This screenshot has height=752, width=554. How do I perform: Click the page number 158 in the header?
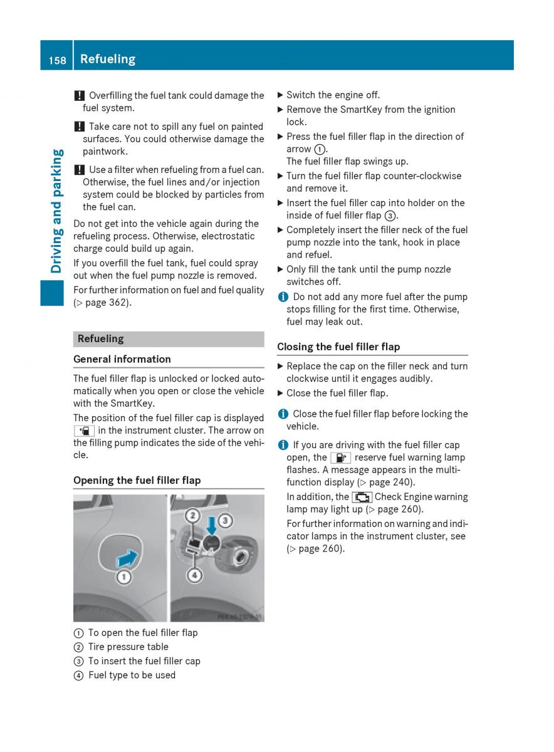(56, 60)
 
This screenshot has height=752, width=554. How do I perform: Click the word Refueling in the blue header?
(108, 59)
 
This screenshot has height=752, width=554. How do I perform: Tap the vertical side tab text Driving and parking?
(56, 211)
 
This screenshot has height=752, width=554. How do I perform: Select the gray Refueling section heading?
(101, 338)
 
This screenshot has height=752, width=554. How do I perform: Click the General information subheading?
(122, 359)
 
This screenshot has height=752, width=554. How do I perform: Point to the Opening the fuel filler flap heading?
(137, 480)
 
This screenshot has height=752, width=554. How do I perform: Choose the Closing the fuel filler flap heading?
(338, 347)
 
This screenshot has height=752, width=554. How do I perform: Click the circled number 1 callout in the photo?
(124, 577)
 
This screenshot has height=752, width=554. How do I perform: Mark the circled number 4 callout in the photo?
(196, 574)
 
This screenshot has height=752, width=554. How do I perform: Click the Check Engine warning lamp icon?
(362, 497)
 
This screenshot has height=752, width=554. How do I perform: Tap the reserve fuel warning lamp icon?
(340, 457)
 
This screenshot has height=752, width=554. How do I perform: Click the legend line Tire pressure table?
(128, 647)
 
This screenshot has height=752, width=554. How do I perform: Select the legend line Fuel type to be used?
(132, 675)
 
